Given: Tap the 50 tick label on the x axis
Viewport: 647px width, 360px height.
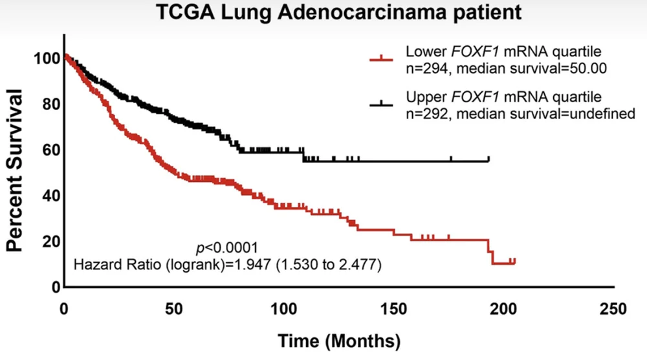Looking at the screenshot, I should [173, 308].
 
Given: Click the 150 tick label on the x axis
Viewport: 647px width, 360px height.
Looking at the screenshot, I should [393, 308].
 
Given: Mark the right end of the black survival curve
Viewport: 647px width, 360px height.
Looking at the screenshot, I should [488, 160].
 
